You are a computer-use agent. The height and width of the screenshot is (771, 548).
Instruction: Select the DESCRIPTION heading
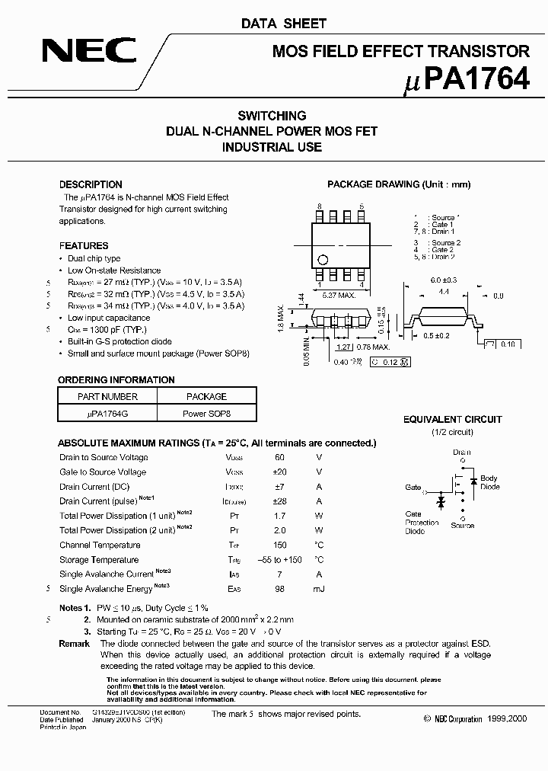pyautogui.click(x=91, y=184)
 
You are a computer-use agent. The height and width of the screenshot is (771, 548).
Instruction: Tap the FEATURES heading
pyautogui.click(x=84, y=246)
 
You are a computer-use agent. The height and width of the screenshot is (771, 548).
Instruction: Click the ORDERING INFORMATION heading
pyautogui.click(x=116, y=380)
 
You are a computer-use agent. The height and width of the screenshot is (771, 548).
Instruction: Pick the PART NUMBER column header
pyautogui.click(x=107, y=397)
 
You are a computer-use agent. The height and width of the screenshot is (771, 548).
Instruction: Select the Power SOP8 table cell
pyautogui.click(x=206, y=414)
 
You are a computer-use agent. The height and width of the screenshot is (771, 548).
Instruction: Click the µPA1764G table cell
pyautogui.click(x=107, y=414)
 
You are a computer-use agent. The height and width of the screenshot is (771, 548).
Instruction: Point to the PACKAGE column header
pyautogui.click(x=206, y=397)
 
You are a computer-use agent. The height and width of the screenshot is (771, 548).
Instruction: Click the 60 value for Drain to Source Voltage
pyautogui.click(x=279, y=457)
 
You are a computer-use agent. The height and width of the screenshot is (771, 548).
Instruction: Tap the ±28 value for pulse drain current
pyautogui.click(x=279, y=501)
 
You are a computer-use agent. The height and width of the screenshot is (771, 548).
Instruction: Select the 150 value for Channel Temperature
pyautogui.click(x=279, y=545)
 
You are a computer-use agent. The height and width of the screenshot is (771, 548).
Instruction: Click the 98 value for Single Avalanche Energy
pyautogui.click(x=279, y=589)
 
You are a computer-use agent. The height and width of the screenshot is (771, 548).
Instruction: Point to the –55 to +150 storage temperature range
pyautogui.click(x=279, y=560)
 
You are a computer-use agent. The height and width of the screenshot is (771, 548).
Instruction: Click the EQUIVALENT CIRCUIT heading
pyautogui.click(x=452, y=420)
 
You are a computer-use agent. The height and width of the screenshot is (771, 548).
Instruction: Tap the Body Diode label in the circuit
pyautogui.click(x=489, y=483)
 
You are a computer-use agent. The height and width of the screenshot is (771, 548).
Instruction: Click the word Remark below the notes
pyautogui.click(x=75, y=644)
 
